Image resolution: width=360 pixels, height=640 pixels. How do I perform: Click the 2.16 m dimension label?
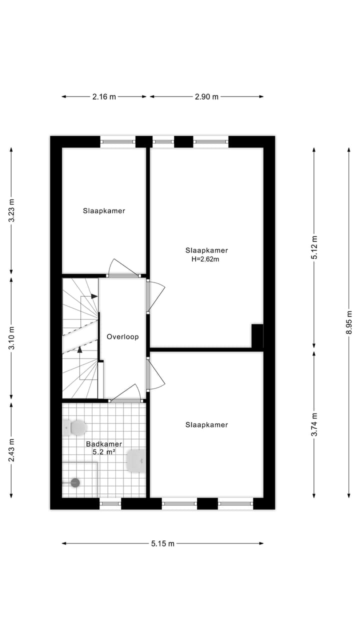[104, 97]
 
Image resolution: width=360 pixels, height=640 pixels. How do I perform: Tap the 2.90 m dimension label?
[206, 97]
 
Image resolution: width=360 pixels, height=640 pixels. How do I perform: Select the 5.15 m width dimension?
[162, 543]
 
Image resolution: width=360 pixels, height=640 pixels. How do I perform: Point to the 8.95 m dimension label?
[349, 322]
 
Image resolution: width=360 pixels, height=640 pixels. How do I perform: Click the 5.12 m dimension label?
[314, 247]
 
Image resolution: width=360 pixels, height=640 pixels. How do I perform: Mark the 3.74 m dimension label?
[314, 424]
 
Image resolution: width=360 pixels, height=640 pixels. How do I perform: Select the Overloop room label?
[122, 337]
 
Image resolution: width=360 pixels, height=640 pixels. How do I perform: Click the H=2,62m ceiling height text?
[206, 259]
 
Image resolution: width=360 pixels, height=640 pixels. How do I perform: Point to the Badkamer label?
[104, 443]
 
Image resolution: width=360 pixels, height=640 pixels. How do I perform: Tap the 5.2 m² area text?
[104, 451]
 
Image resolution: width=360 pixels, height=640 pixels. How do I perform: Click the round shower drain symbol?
[75, 482]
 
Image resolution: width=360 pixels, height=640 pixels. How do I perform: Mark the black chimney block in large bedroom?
[257, 335]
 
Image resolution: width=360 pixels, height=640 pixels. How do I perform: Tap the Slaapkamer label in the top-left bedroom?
[104, 210]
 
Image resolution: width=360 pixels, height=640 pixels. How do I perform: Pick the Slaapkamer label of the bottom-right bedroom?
[206, 425]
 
